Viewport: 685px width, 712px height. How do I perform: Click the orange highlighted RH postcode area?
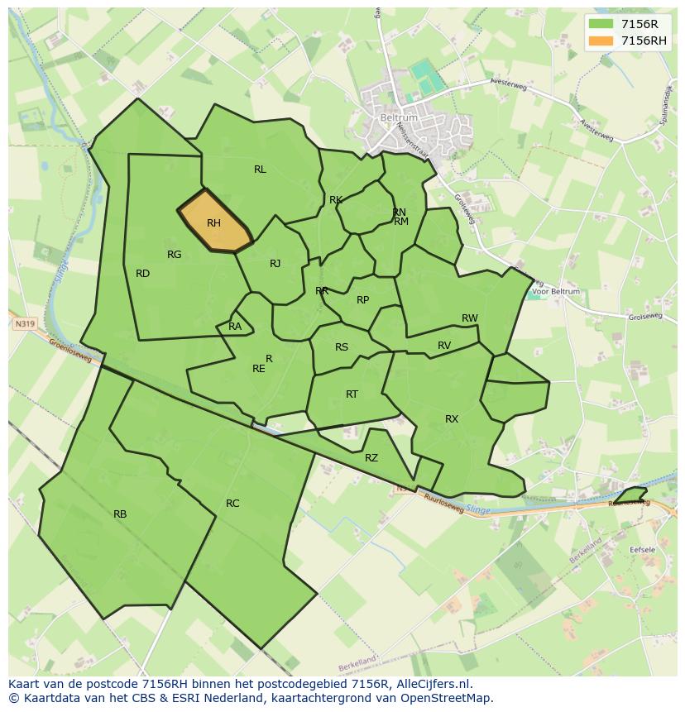coord(213,222)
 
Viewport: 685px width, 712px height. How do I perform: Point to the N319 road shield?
coord(25,325)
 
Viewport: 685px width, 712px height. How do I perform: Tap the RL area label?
coord(260,170)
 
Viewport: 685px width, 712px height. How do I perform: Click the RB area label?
coord(120,514)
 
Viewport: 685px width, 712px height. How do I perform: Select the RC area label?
coord(232,504)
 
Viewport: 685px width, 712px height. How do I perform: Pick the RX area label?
coord(452,419)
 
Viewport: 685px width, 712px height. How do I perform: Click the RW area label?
coord(470,318)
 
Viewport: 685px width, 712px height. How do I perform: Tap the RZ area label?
coord(371,458)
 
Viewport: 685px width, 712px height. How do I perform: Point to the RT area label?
coord(352,394)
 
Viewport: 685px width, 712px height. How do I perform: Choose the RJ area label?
coord(275,264)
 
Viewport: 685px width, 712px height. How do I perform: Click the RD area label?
coord(142,274)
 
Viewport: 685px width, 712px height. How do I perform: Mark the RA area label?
coord(235,327)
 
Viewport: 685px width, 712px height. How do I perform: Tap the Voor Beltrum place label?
coord(556,291)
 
